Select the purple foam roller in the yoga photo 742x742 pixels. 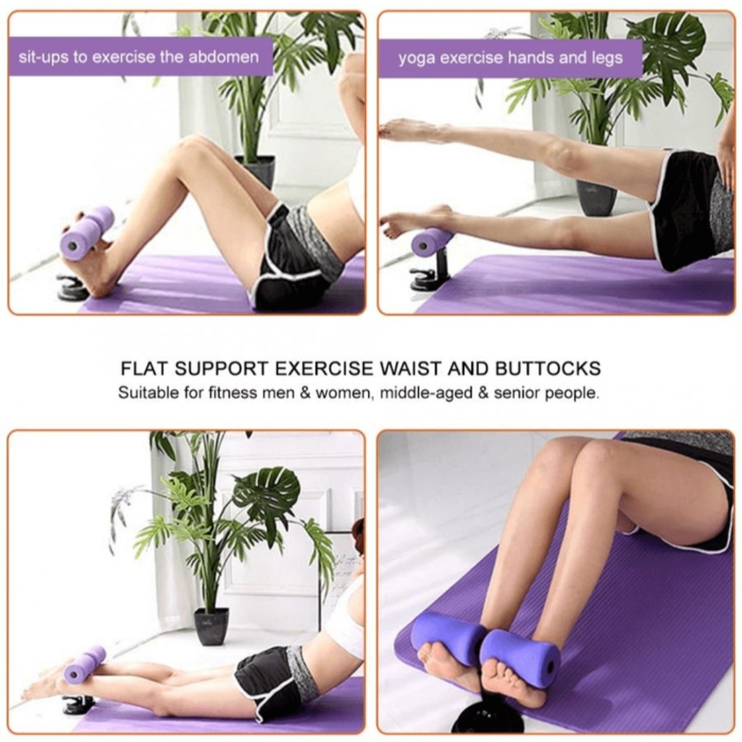(x=432, y=241)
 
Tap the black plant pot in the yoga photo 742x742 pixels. (x=596, y=197)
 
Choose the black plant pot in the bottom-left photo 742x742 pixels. (x=212, y=626)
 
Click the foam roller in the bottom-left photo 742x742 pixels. (x=85, y=664)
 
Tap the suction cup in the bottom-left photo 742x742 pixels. (x=77, y=704)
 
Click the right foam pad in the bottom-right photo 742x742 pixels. (x=520, y=656)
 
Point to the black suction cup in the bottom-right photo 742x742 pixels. (x=487, y=717)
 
